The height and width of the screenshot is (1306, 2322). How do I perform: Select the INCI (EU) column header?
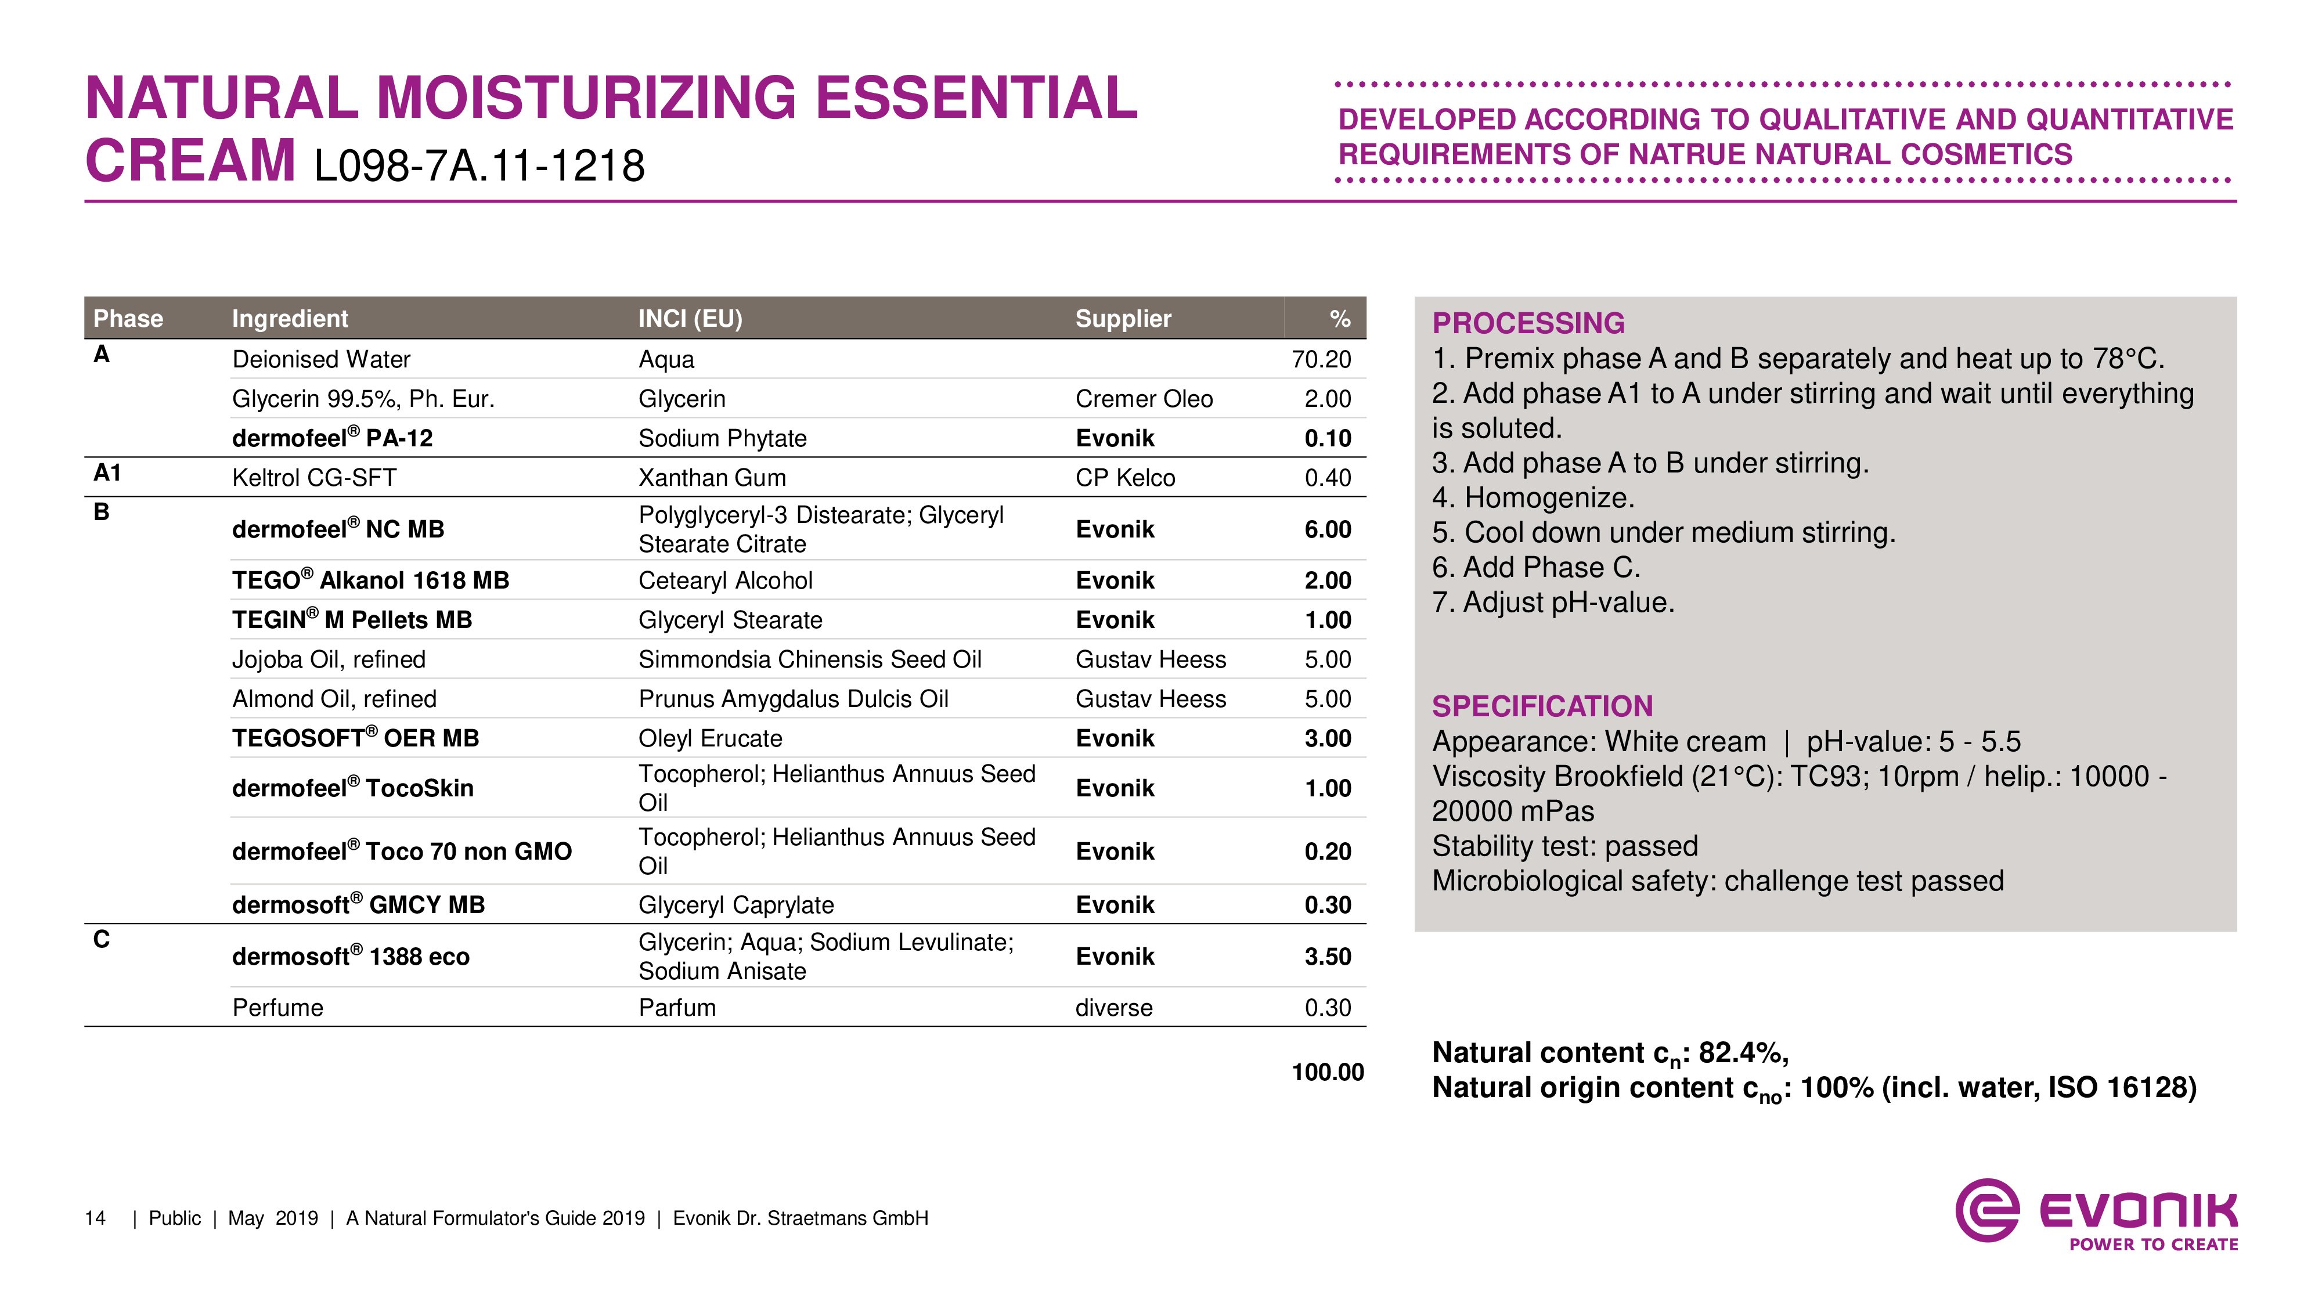pyautogui.click(x=690, y=318)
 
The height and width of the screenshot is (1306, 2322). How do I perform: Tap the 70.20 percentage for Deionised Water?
pyautogui.click(x=1321, y=360)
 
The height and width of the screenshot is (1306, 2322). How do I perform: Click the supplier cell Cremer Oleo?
pyautogui.click(x=1143, y=399)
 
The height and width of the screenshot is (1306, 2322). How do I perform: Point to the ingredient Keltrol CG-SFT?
pyautogui.click(x=313, y=478)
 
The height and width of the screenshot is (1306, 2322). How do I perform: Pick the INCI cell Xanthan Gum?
pyautogui.click(x=712, y=478)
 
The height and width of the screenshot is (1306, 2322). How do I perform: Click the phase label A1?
pyautogui.click(x=107, y=473)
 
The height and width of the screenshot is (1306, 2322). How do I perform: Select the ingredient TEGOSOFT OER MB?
pyautogui.click(x=355, y=738)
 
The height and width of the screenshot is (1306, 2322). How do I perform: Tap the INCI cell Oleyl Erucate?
pyautogui.click(x=711, y=738)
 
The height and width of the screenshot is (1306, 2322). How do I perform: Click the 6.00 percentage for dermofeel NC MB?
pyautogui.click(x=1327, y=529)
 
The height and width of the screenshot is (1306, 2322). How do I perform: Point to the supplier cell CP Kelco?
pyautogui.click(x=1125, y=478)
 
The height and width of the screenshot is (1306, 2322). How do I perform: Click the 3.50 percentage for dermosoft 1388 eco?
pyautogui.click(x=1327, y=957)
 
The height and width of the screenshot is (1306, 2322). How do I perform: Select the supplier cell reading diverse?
pyautogui.click(x=1113, y=1008)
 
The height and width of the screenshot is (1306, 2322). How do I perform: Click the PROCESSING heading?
pyautogui.click(x=1528, y=323)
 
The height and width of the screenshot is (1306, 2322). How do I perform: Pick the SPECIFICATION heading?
pyautogui.click(x=1542, y=706)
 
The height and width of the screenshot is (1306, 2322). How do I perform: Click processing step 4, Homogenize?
pyautogui.click(x=1533, y=497)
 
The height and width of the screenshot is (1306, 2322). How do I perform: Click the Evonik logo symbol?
pyautogui.click(x=1986, y=1210)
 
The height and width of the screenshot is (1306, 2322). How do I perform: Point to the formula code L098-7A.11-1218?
pyautogui.click(x=479, y=166)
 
